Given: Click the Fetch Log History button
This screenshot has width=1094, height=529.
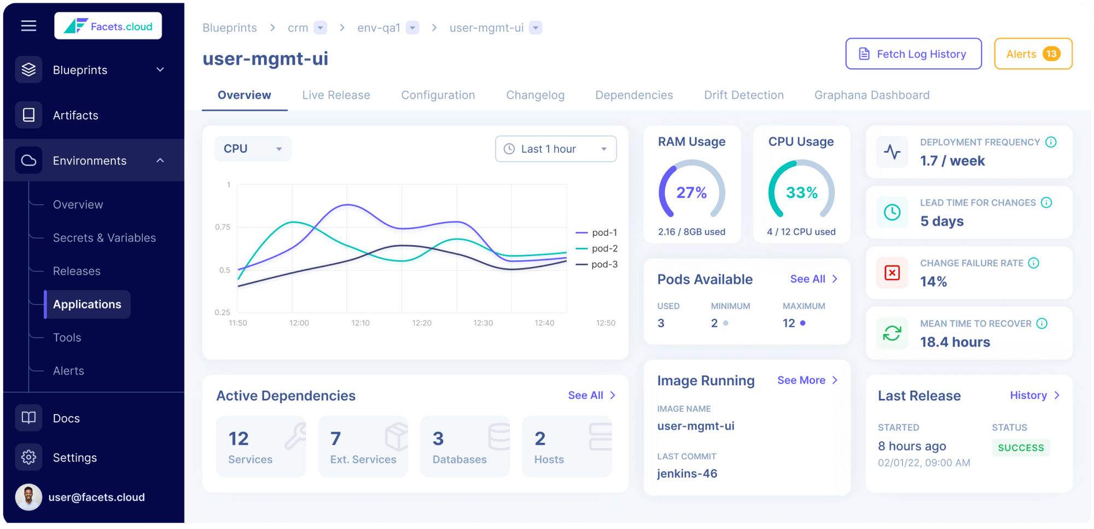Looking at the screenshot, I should click(913, 54).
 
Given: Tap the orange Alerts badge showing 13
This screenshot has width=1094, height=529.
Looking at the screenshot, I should click(1051, 54).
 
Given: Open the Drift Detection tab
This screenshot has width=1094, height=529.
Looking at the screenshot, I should click(743, 95).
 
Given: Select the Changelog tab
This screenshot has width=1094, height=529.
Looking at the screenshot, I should click(534, 95).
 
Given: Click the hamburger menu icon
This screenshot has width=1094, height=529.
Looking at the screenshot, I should click(28, 26).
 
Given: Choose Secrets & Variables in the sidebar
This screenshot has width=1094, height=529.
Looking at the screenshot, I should click(104, 238).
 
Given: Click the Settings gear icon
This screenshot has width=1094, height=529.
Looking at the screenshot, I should click(28, 457).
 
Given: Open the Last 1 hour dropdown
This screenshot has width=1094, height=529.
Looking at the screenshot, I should click(555, 149).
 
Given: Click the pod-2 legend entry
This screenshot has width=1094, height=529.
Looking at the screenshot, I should click(597, 248).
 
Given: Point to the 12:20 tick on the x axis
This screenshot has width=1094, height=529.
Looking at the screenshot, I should click(422, 323).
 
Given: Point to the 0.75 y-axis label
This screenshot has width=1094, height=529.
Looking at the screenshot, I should click(223, 227).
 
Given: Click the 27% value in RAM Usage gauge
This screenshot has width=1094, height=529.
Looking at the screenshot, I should click(691, 193).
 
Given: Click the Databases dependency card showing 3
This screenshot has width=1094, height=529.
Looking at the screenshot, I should click(464, 446).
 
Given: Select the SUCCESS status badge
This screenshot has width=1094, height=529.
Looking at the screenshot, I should click(1020, 447).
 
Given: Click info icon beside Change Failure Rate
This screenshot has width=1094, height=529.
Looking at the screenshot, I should click(1033, 263).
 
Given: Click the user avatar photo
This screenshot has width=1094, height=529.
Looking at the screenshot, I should click(28, 497).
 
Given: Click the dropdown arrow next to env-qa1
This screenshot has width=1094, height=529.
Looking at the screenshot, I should click(413, 28).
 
